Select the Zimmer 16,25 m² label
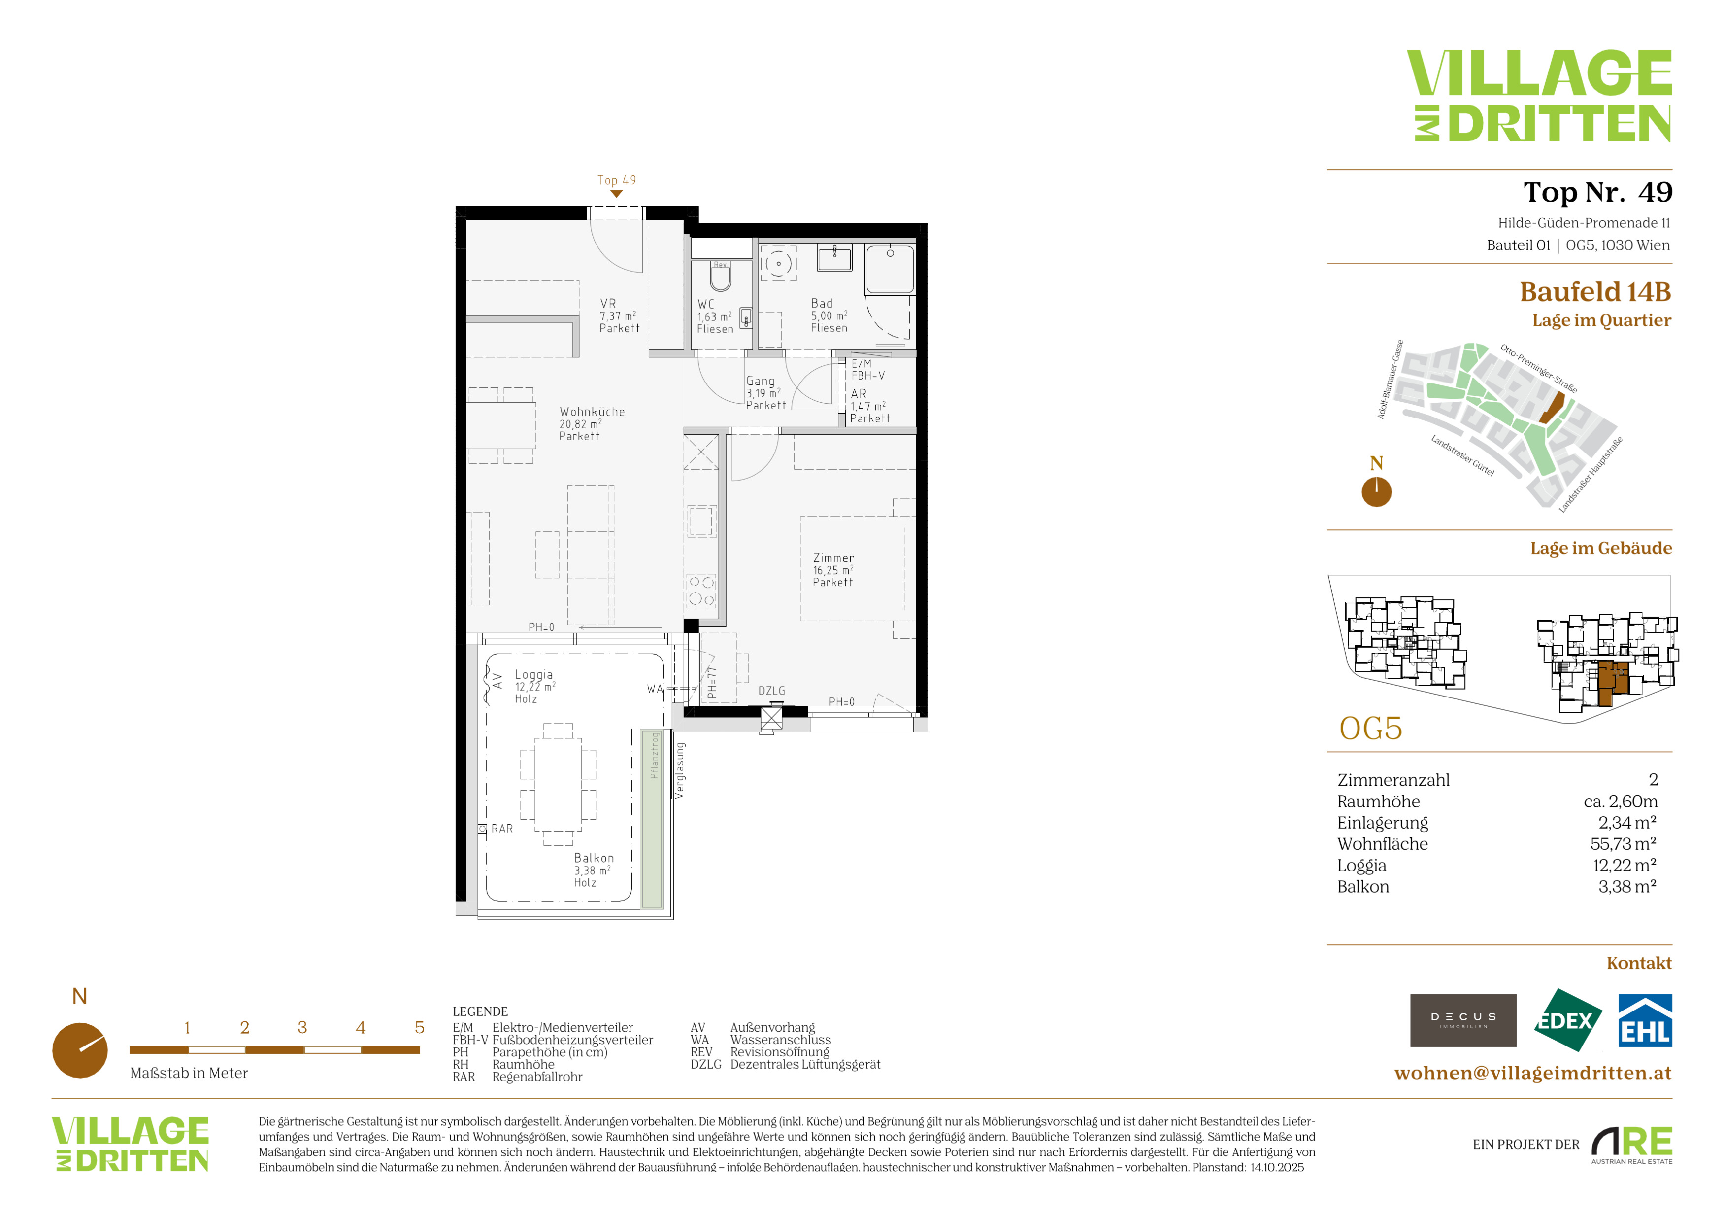(x=833, y=569)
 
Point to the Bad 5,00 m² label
(x=829, y=315)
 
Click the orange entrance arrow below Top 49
(x=617, y=194)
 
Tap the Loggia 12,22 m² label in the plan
(x=534, y=687)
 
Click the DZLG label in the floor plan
(x=771, y=691)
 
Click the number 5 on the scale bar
(x=419, y=1027)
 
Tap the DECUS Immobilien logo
(x=1463, y=1020)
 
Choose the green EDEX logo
(x=1567, y=1020)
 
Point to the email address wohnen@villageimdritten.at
(x=1532, y=1073)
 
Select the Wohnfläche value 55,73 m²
(x=1624, y=843)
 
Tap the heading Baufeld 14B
(x=1595, y=291)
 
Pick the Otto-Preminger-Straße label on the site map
(x=1538, y=368)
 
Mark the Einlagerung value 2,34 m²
(x=1627, y=823)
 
